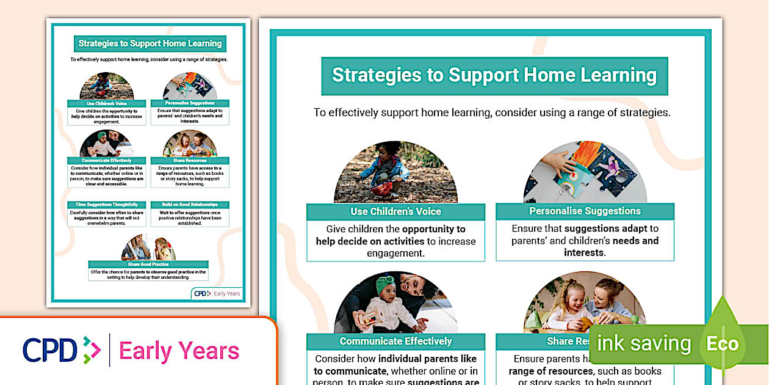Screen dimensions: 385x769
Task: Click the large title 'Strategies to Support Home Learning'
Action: (494, 76)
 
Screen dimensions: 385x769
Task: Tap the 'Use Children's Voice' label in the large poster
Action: (395, 211)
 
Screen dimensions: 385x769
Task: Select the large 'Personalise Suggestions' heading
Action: (585, 211)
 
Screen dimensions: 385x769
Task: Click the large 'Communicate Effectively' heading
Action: (395, 341)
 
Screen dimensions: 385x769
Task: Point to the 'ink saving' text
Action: (643, 343)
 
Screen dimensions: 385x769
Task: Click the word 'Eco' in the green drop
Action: (723, 343)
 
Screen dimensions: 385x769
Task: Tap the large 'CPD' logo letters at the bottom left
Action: (50, 350)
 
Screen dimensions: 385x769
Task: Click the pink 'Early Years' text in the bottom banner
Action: (179, 351)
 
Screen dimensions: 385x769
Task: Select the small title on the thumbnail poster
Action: (150, 44)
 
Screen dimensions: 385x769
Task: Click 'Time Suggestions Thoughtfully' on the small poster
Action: (107, 205)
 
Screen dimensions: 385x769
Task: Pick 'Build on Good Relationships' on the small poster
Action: (190, 205)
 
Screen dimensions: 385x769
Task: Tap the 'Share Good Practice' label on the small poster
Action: (148, 264)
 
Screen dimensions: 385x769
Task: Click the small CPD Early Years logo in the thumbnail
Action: (217, 293)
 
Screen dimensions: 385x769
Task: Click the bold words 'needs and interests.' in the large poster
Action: (610, 246)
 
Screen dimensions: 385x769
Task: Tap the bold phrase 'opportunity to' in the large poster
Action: (433, 229)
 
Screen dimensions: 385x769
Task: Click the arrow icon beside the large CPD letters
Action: (91, 350)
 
